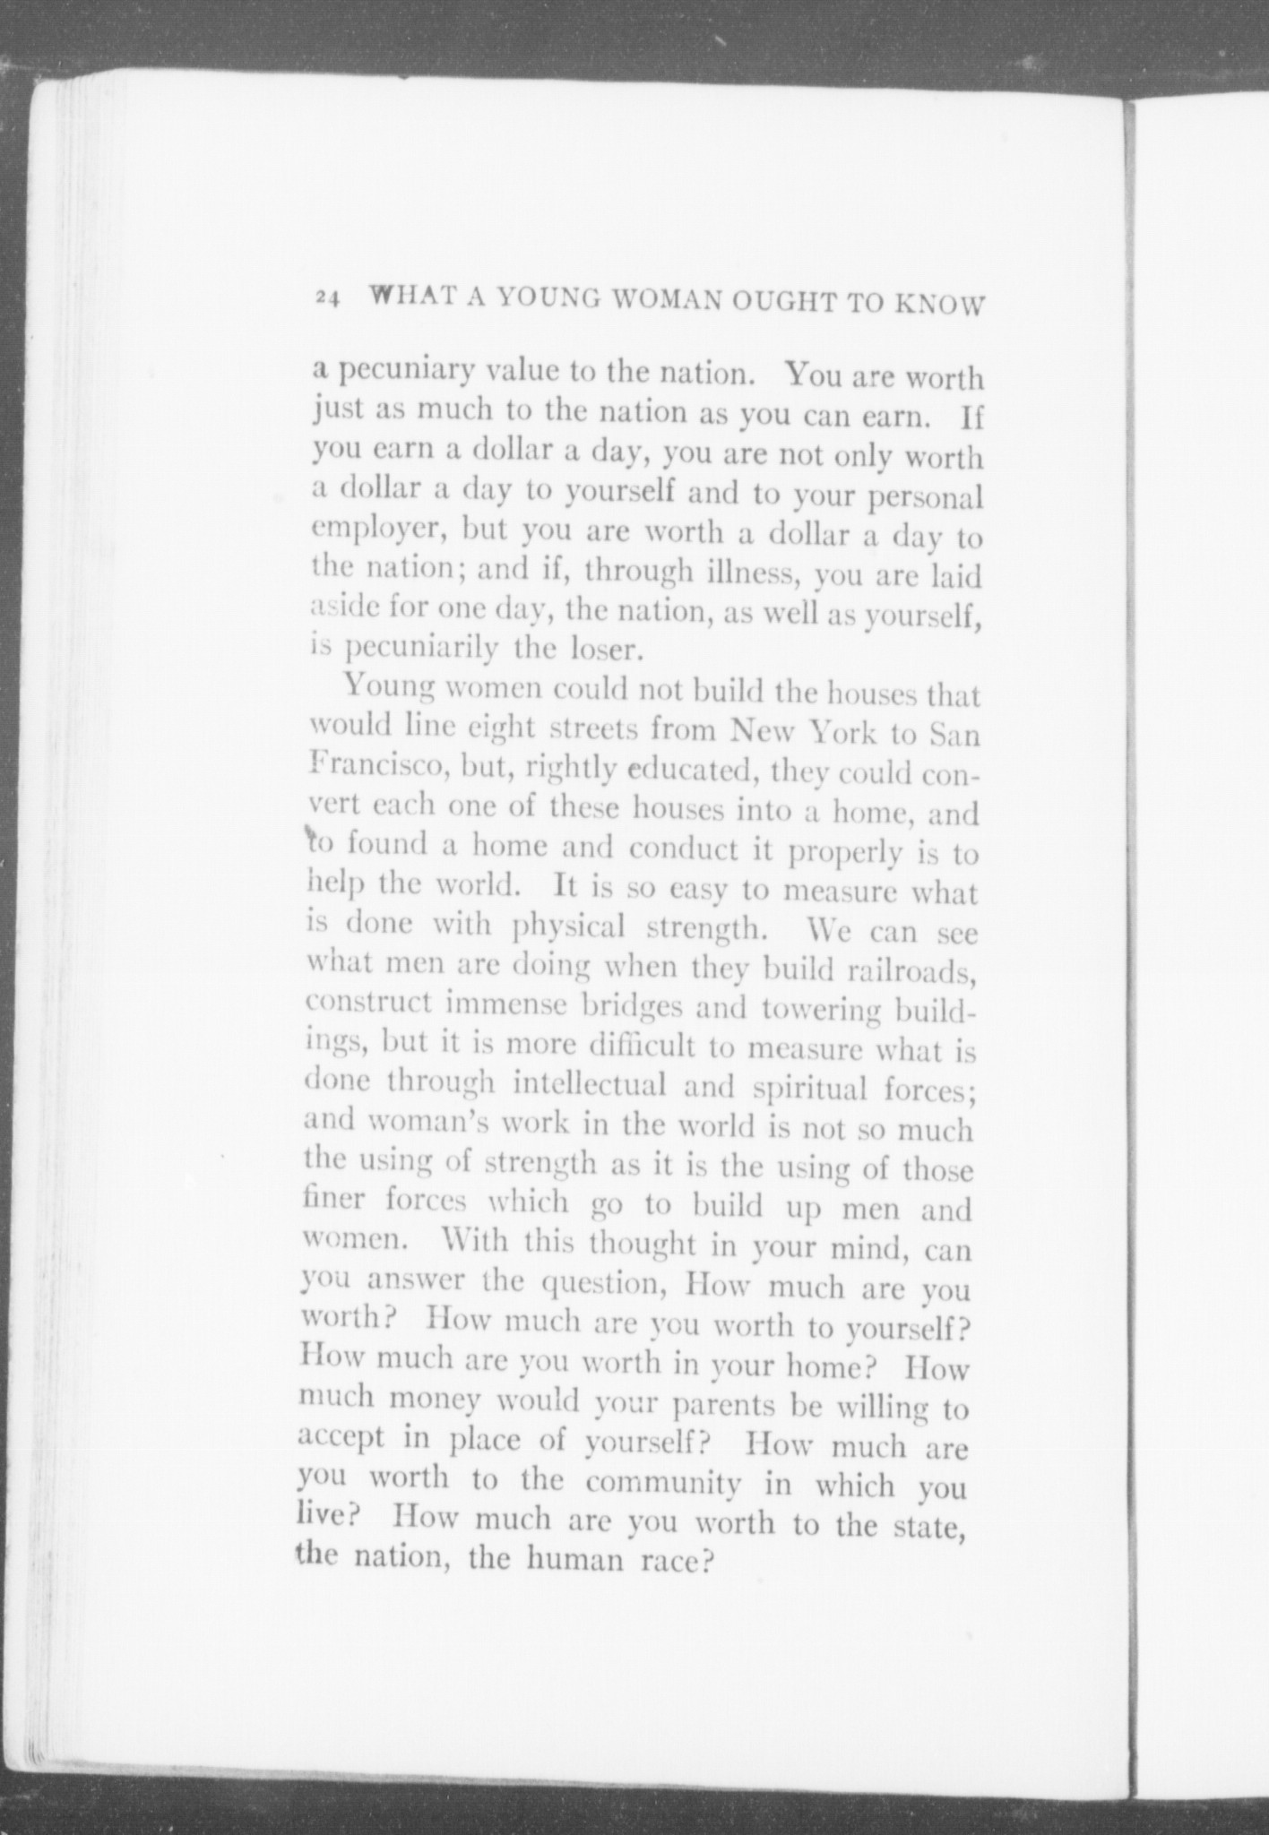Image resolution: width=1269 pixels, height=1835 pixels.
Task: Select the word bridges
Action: point(634,1007)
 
